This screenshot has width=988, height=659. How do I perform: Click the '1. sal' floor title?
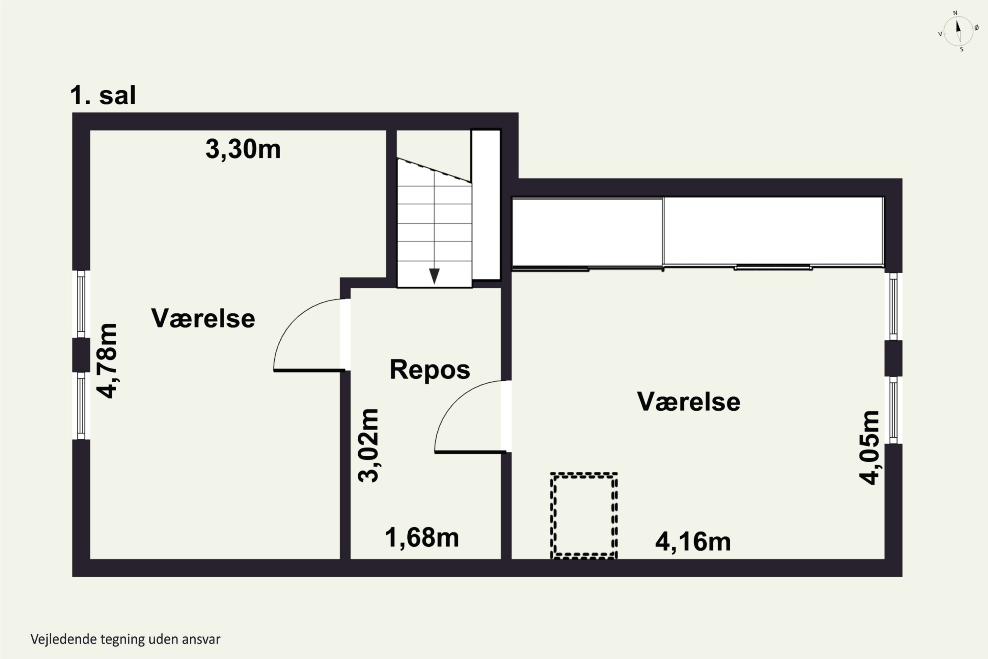click(103, 96)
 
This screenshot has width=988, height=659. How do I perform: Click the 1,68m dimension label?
click(422, 537)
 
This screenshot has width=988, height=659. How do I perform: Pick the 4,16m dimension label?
click(693, 542)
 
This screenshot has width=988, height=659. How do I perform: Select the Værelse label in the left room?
click(203, 318)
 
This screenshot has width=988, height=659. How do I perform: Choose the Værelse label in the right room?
click(689, 401)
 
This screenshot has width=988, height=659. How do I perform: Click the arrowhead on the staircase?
click(434, 276)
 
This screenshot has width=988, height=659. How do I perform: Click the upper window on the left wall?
click(81, 304)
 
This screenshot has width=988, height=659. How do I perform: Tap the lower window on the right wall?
click(893, 410)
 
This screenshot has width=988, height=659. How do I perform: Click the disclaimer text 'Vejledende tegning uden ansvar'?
click(125, 639)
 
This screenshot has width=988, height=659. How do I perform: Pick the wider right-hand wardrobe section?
click(774, 231)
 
